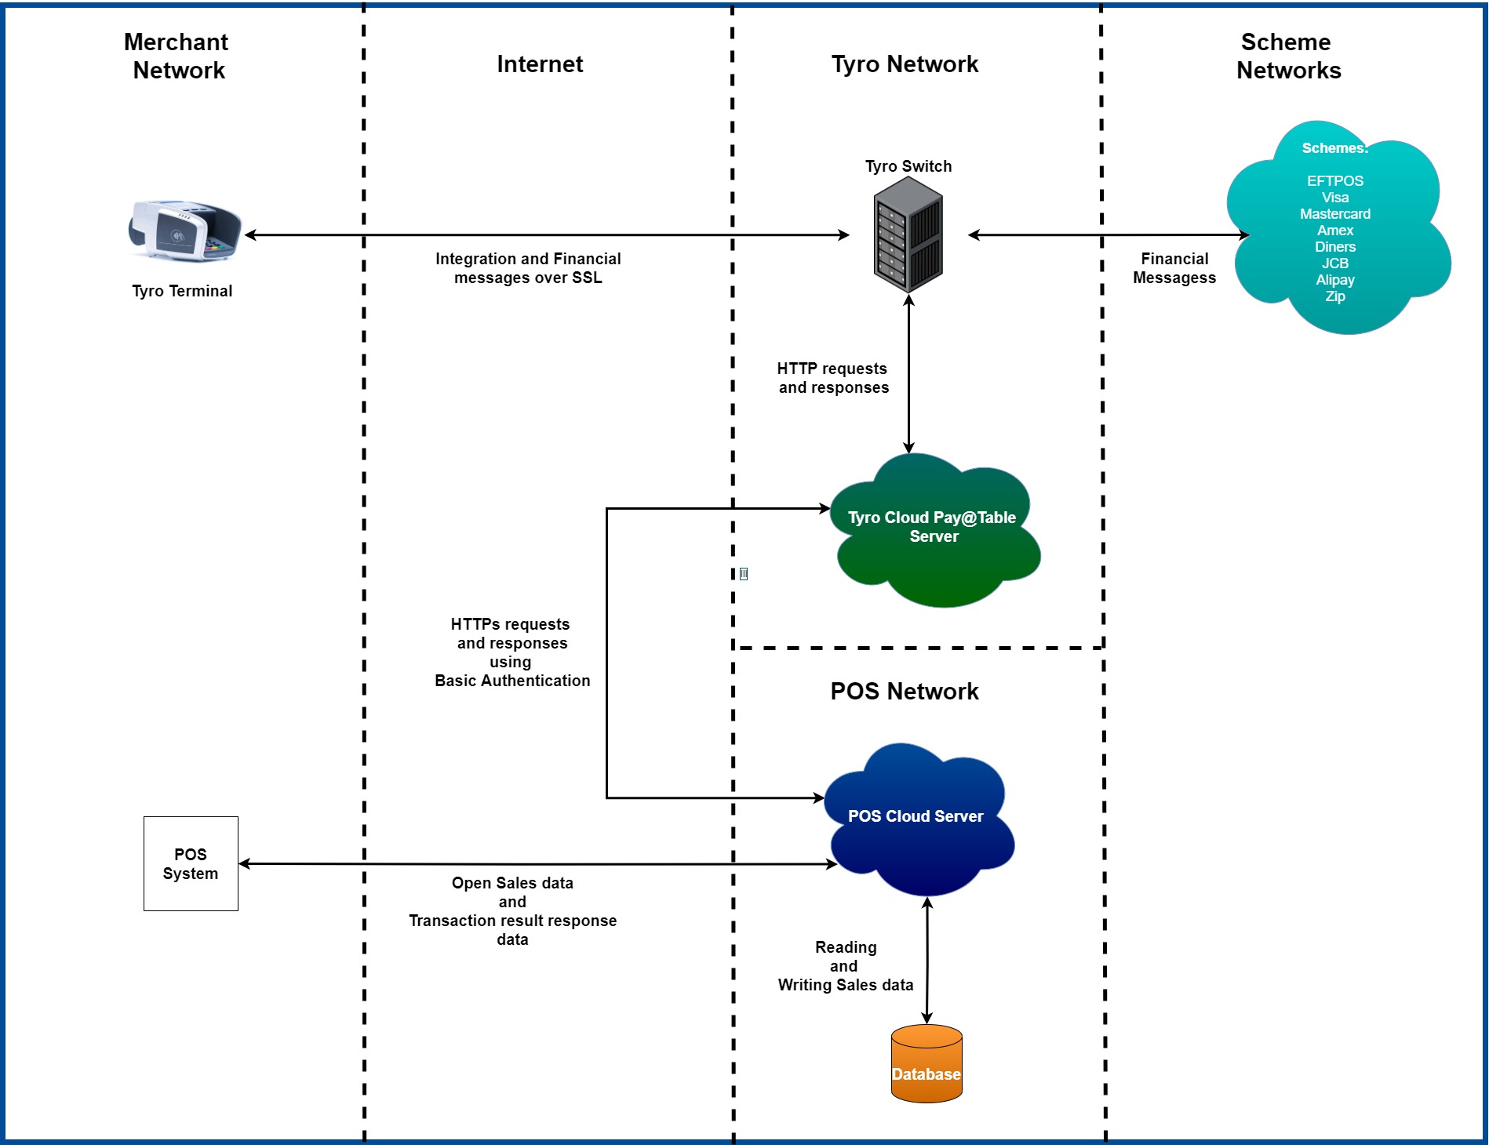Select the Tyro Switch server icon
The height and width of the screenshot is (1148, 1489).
pos(908,234)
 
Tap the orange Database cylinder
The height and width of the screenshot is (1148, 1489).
pos(927,1064)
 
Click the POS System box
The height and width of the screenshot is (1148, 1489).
pos(191,863)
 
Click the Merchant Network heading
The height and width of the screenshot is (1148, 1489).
pos(177,56)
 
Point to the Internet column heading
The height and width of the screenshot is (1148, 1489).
pos(540,64)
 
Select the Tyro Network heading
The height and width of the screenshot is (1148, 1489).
pos(905,64)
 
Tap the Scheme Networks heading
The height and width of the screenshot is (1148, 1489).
pos(1288,56)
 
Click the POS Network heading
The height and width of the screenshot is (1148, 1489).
pos(905,691)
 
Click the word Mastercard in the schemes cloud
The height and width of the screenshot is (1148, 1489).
pos(1334,214)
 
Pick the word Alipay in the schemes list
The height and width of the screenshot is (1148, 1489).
pos(1334,280)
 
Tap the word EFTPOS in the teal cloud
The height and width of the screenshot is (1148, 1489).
pos(1334,181)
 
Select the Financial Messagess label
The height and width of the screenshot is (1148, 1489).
pos(1174,268)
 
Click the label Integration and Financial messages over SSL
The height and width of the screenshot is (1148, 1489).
pos(528,268)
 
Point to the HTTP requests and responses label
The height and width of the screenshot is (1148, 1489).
pos(832,378)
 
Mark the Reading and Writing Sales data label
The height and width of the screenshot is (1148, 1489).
pos(846,966)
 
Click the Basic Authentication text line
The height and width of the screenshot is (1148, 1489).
pos(512,681)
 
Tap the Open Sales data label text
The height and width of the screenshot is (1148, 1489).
pos(512,883)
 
